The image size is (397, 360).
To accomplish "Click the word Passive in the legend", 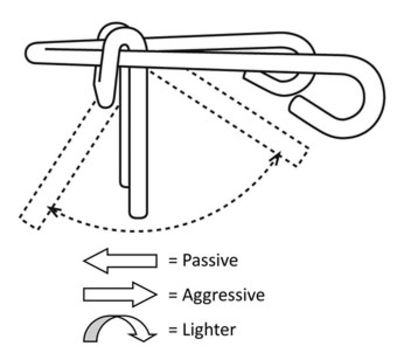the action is (x=210, y=260).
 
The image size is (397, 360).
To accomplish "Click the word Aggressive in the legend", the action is (x=223, y=296).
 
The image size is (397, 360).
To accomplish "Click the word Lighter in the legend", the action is (x=209, y=330).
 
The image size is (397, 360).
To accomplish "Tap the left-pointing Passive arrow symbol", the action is (x=120, y=261).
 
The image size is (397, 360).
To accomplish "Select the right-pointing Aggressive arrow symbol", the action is (x=120, y=295).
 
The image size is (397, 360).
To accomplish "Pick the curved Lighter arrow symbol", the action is (x=119, y=329).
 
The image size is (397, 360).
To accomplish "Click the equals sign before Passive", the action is (x=172, y=261).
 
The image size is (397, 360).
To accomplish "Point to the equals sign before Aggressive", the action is (x=172, y=295).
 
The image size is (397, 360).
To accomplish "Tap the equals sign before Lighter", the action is (x=172, y=330).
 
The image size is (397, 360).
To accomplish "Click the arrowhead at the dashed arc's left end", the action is (x=51, y=210).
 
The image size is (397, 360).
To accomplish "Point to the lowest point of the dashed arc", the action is (x=138, y=231).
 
